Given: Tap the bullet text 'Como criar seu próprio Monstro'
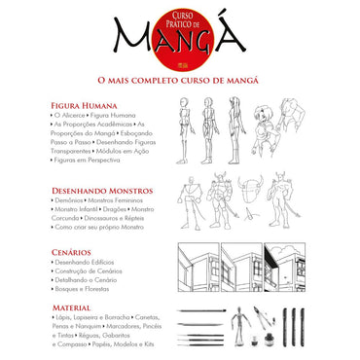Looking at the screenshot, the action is pyautogui.click(x=100, y=226).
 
